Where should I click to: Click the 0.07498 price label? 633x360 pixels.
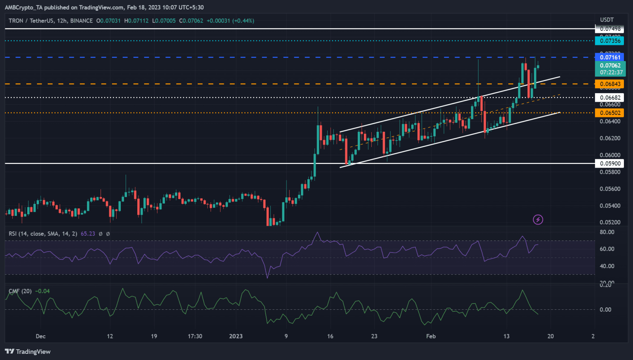pos(610,29)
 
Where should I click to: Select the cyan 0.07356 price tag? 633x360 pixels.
pos(610,40)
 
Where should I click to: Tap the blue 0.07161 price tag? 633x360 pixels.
pos(610,57)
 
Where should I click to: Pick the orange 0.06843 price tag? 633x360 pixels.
pos(610,84)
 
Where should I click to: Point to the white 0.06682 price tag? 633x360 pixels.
pos(610,98)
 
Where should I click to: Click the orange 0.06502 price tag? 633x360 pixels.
pos(610,113)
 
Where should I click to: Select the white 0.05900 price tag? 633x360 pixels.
pos(610,164)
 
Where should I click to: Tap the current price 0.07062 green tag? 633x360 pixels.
pos(610,68)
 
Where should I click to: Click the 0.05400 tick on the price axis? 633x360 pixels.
pos(610,206)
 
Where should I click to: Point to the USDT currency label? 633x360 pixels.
pos(607,20)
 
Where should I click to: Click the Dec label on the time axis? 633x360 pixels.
pos(40,336)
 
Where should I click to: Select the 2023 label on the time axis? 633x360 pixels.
pos(236,336)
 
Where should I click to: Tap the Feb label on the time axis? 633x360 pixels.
pos(431,336)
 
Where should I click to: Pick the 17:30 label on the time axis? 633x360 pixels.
pos(195,336)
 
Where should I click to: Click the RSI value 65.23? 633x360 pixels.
pos(88,234)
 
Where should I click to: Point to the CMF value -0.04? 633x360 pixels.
pos(42,291)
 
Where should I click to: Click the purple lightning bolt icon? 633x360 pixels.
pos(538,220)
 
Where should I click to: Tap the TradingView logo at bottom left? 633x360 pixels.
pos(28,351)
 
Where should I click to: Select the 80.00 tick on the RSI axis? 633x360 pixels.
pos(607,232)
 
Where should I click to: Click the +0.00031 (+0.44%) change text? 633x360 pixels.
pos(230,21)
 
